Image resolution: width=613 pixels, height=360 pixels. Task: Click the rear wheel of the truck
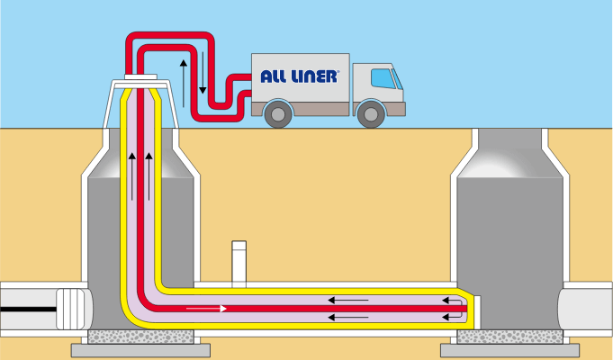click(279, 112)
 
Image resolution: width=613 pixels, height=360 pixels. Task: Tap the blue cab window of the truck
click(384, 77)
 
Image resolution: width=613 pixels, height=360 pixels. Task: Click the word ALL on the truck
click(275, 76)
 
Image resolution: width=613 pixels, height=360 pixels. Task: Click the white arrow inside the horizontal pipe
click(206, 309)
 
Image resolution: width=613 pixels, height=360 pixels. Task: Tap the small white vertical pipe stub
click(239, 261)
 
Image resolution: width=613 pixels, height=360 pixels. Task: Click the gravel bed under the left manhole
click(140, 337)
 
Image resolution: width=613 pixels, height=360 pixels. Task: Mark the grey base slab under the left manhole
click(140, 349)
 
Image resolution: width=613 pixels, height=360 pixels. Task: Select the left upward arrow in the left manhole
click(131, 175)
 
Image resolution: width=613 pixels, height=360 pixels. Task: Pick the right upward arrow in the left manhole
click(149, 175)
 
